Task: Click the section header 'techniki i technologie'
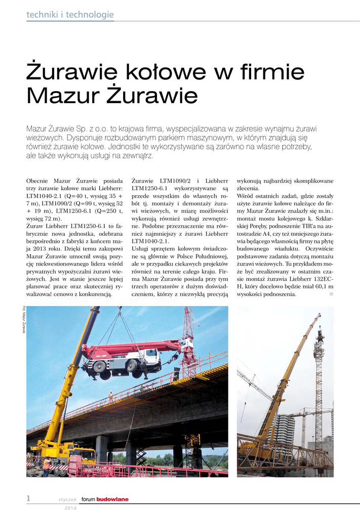pos(70,15)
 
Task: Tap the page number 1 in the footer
pos(29,499)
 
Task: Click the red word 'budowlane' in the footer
pos(112,499)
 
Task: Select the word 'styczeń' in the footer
pos(67,499)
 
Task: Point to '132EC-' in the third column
pos(321,278)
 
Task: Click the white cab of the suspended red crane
pos(150,360)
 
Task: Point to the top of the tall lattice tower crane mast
pos(319,334)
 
